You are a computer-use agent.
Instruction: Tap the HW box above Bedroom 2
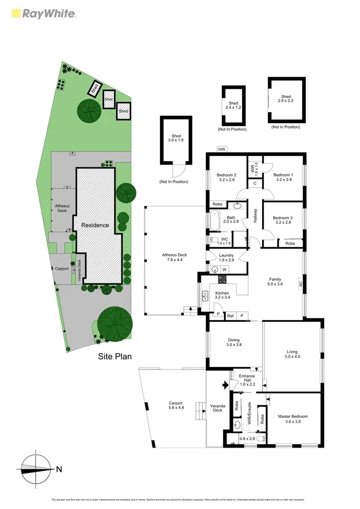221,149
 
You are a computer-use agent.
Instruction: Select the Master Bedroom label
293,419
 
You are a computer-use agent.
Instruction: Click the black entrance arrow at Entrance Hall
224,384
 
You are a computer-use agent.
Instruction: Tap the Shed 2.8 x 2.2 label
286,100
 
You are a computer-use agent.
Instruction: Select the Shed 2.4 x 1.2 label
233,106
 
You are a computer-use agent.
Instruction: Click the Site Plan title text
115,356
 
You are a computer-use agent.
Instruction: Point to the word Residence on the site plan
95,225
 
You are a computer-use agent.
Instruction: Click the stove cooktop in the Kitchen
223,280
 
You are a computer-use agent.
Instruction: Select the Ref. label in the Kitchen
230,316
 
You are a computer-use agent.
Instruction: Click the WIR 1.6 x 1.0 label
253,169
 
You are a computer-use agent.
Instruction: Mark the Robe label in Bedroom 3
289,243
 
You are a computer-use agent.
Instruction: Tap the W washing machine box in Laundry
224,270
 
